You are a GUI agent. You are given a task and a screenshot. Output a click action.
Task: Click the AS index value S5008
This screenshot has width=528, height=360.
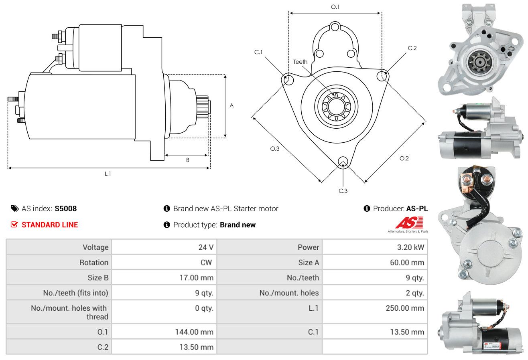tap(65, 208)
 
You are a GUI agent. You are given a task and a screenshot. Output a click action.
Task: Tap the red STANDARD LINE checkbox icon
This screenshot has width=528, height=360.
tap(14, 224)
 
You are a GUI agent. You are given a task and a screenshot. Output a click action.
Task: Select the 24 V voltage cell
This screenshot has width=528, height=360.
tap(206, 247)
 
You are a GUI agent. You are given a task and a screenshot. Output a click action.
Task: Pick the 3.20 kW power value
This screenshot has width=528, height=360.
tap(410, 247)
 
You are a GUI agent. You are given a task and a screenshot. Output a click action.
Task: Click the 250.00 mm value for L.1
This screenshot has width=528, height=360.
tap(405, 308)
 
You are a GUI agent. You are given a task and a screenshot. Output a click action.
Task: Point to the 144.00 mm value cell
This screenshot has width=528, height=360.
tap(194, 332)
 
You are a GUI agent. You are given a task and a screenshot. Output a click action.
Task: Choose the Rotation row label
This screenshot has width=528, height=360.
tap(94, 263)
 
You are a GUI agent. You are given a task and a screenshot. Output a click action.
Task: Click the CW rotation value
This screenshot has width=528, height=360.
tap(206, 263)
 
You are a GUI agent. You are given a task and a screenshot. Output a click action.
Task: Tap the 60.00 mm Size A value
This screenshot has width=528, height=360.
tap(407, 263)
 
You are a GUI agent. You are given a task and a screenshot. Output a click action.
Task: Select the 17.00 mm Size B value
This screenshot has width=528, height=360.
tap(197, 277)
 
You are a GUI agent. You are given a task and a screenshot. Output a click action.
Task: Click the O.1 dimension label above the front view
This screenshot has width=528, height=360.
tap(335, 7)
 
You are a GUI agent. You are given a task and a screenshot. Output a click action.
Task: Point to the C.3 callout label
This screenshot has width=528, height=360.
tap(343, 191)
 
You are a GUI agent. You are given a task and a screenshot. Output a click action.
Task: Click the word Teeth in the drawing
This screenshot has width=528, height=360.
tap(300, 62)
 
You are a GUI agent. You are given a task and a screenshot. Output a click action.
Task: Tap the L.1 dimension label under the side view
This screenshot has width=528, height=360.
tap(108, 174)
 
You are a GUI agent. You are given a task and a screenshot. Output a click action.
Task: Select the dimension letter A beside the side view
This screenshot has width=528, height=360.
tap(232, 105)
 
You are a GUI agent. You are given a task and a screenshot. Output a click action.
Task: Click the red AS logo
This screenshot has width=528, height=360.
tap(409, 222)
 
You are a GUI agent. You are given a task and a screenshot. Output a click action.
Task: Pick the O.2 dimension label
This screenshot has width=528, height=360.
tap(404, 158)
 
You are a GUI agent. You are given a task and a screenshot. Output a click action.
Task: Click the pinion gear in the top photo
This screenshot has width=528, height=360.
tap(479, 62)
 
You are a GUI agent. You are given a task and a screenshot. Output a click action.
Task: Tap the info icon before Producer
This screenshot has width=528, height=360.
tap(367, 208)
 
